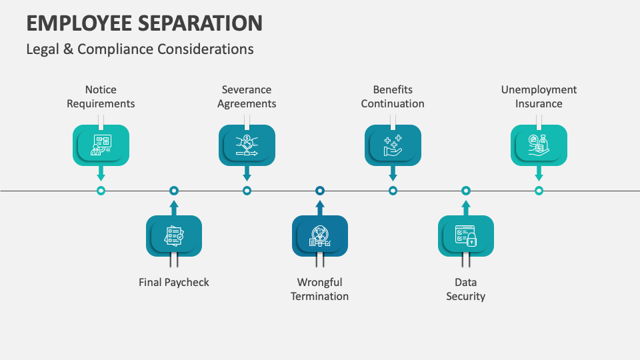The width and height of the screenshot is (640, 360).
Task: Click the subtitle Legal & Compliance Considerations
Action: coord(139,49)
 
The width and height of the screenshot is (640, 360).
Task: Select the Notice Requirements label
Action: coord(101,97)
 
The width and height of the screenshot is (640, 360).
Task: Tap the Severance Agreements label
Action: coord(247,97)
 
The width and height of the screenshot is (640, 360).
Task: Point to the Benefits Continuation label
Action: coord(393,97)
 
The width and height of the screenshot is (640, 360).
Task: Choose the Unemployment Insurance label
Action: coord(539,97)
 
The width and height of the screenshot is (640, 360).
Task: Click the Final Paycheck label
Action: coord(174,282)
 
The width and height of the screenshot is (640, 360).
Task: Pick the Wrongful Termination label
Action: coord(320,289)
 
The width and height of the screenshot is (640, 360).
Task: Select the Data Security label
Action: coord(465,289)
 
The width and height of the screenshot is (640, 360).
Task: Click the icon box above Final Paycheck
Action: coord(174,236)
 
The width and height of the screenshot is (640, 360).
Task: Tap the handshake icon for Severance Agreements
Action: coord(247,145)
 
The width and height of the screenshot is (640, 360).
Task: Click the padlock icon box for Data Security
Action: coord(466,236)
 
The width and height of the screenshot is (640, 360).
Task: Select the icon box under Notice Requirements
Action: coord(101,145)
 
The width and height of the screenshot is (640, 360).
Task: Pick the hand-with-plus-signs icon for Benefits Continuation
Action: coord(393,145)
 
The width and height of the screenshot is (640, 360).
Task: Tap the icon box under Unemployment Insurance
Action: coord(539,145)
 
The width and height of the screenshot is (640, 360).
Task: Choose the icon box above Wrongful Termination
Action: coord(320,236)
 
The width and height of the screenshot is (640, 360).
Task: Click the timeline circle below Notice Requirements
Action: coord(101,191)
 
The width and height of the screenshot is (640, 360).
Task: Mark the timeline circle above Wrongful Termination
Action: coord(320,191)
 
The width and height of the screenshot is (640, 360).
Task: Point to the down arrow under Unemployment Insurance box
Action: coord(539,173)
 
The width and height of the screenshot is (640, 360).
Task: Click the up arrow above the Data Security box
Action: coord(466,207)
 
